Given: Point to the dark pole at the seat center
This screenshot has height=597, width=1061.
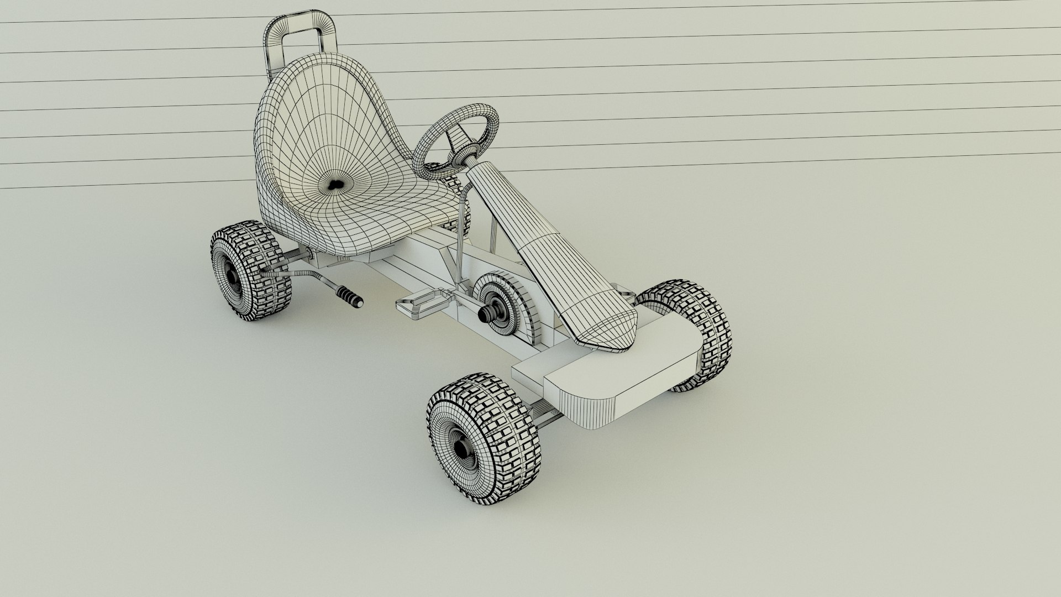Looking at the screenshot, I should [x=334, y=185].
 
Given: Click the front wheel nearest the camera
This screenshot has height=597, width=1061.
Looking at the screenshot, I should [x=484, y=431].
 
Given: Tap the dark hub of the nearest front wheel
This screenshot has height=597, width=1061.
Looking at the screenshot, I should [x=461, y=448].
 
